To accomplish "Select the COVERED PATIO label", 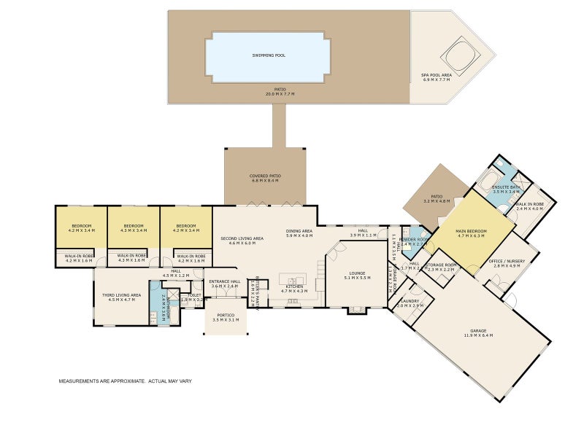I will pos(266,176).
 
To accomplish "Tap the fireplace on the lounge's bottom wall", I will pos(357,310).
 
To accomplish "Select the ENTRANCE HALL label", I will pos(225,281).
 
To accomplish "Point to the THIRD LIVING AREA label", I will pos(121,294).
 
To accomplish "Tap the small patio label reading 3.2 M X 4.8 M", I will pos(436,200).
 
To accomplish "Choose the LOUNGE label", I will pos(358,274).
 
